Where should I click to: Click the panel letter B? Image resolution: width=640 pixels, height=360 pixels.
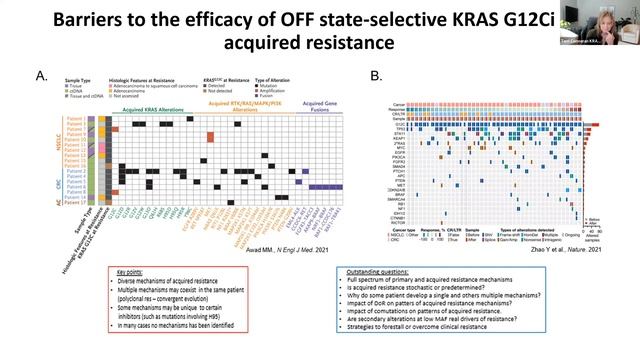point(375,76)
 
